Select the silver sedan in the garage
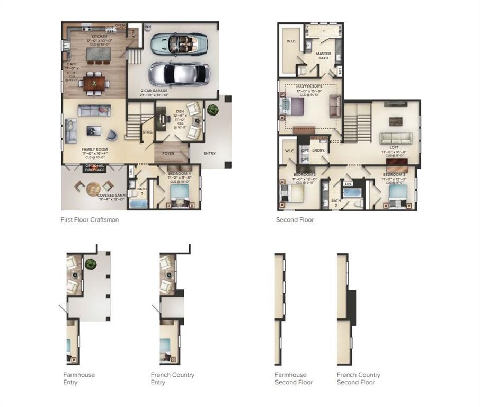click(x=178, y=73)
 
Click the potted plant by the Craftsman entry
click(x=212, y=110)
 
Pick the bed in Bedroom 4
click(x=180, y=191)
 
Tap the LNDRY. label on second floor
click(x=318, y=151)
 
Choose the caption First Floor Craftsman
click(x=90, y=220)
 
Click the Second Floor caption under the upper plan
click(x=295, y=220)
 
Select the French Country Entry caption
click(x=172, y=378)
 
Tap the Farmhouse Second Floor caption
click(x=294, y=378)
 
